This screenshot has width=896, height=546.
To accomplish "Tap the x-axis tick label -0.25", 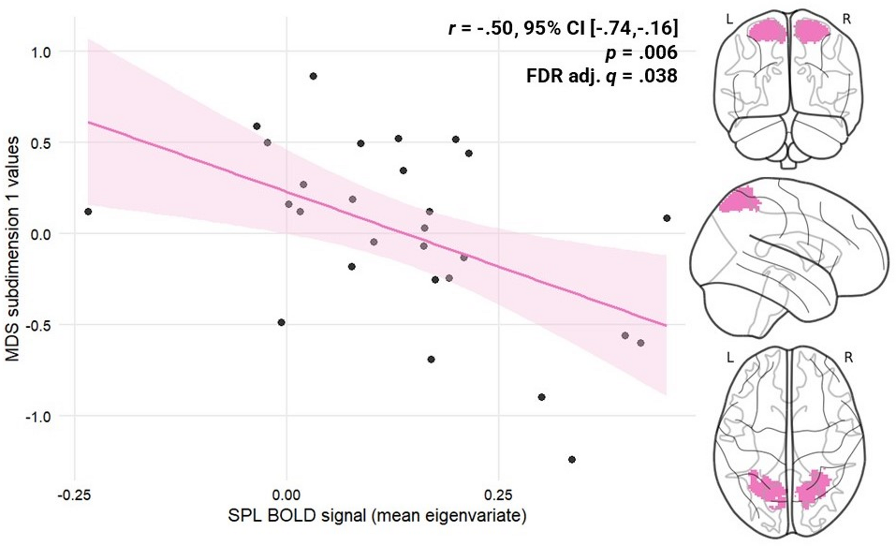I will pos(75,495).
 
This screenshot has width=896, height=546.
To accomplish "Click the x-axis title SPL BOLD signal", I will pos(377,516).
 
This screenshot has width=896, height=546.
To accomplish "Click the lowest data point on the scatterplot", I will pos(572,459).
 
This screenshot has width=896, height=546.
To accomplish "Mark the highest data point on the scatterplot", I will pos(313,76).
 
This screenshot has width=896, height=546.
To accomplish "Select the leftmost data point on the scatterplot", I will pos(88,211).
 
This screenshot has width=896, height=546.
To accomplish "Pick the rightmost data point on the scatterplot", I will pos(667,218).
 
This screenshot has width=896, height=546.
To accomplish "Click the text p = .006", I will pos(641,53).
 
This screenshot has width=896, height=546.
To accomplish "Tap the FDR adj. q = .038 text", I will pos(601,76).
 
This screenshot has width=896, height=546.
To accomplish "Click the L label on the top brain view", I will pos(730,19).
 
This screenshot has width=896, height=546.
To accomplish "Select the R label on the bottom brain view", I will pos(848,358).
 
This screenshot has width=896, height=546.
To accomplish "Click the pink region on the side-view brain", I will pos(738,201).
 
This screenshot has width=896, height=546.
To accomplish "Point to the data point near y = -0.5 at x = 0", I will pos(281,323).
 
